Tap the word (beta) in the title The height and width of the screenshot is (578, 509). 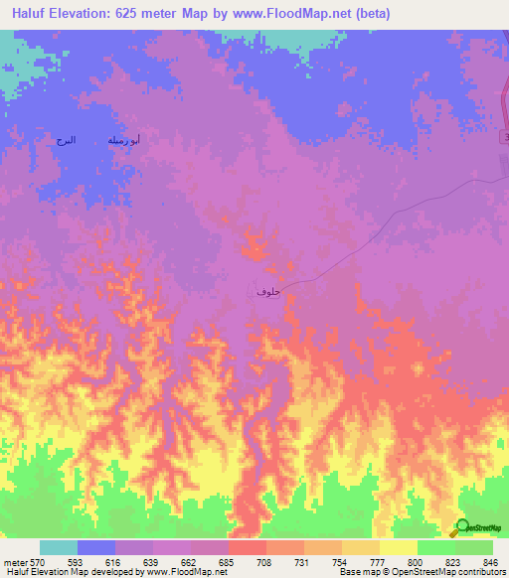(x=368, y=14)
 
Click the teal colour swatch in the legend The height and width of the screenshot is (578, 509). (x=59, y=547)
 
